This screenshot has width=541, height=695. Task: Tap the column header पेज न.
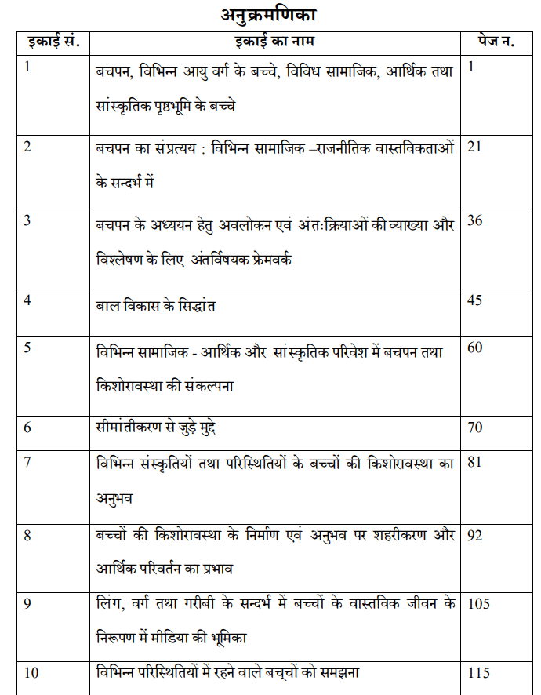(496, 42)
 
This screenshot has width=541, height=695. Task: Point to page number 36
(475, 220)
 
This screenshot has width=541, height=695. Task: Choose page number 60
(475, 349)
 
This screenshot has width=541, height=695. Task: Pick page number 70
(475, 428)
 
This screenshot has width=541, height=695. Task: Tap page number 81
(474, 462)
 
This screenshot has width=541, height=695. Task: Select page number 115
(478, 673)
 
